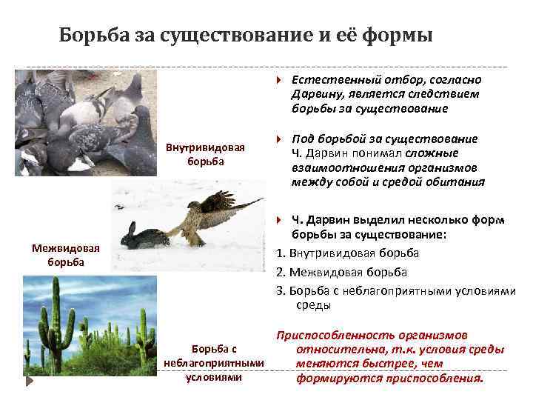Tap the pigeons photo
(86, 122)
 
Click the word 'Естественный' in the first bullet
(326, 79)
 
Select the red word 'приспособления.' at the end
(441, 378)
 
